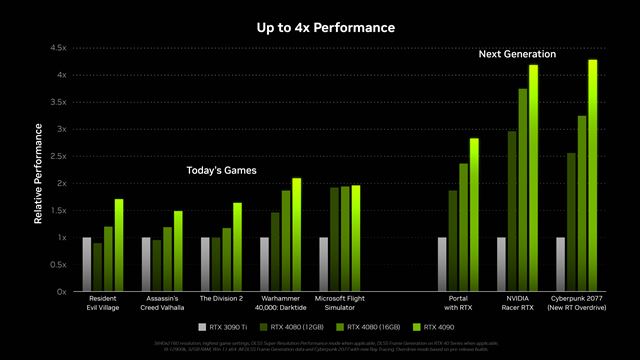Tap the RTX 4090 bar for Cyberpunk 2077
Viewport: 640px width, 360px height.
click(x=593, y=176)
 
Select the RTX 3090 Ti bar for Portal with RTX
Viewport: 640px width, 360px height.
click(x=441, y=264)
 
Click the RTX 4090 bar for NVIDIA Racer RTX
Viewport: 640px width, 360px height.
click(x=534, y=178)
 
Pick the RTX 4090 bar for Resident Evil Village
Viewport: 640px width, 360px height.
click(x=119, y=245)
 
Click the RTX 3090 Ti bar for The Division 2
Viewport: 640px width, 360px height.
click(x=205, y=264)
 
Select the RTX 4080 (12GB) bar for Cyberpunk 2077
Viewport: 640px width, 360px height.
click(x=571, y=222)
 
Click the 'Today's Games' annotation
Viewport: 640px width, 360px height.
click(x=221, y=171)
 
